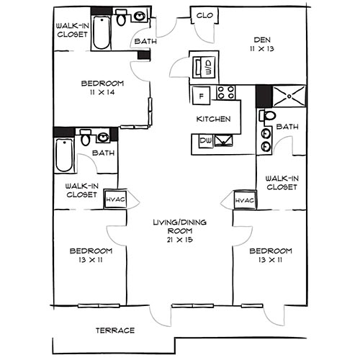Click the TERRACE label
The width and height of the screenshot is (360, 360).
(x=115, y=330)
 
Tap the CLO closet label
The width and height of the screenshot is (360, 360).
(x=205, y=15)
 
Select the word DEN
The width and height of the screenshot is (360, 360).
(x=260, y=40)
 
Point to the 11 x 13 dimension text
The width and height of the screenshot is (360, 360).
(x=260, y=50)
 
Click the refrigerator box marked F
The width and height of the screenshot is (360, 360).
(x=202, y=94)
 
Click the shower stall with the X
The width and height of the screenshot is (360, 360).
(x=289, y=94)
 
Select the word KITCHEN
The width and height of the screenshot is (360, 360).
(x=214, y=118)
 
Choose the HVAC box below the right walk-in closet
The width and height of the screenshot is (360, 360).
(x=243, y=199)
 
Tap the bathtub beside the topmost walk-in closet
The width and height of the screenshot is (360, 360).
(x=102, y=31)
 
